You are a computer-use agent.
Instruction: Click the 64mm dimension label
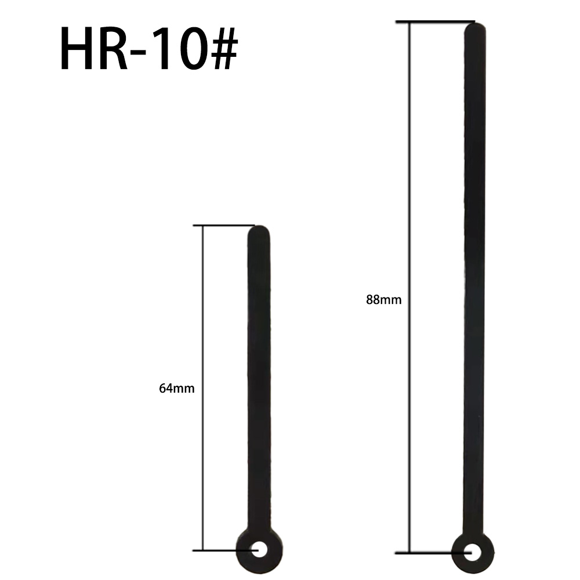click(x=177, y=389)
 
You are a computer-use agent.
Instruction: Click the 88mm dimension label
click(x=384, y=300)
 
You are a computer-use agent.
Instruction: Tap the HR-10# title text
click(x=148, y=49)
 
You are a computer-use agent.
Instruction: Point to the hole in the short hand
click(x=259, y=549)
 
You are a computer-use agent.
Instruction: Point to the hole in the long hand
click(x=473, y=552)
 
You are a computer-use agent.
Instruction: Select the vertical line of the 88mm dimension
click(x=409, y=174)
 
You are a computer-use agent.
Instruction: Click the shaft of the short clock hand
click(x=259, y=377)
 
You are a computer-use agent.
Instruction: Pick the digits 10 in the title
click(x=176, y=50)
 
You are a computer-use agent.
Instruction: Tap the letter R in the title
click(x=113, y=50)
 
